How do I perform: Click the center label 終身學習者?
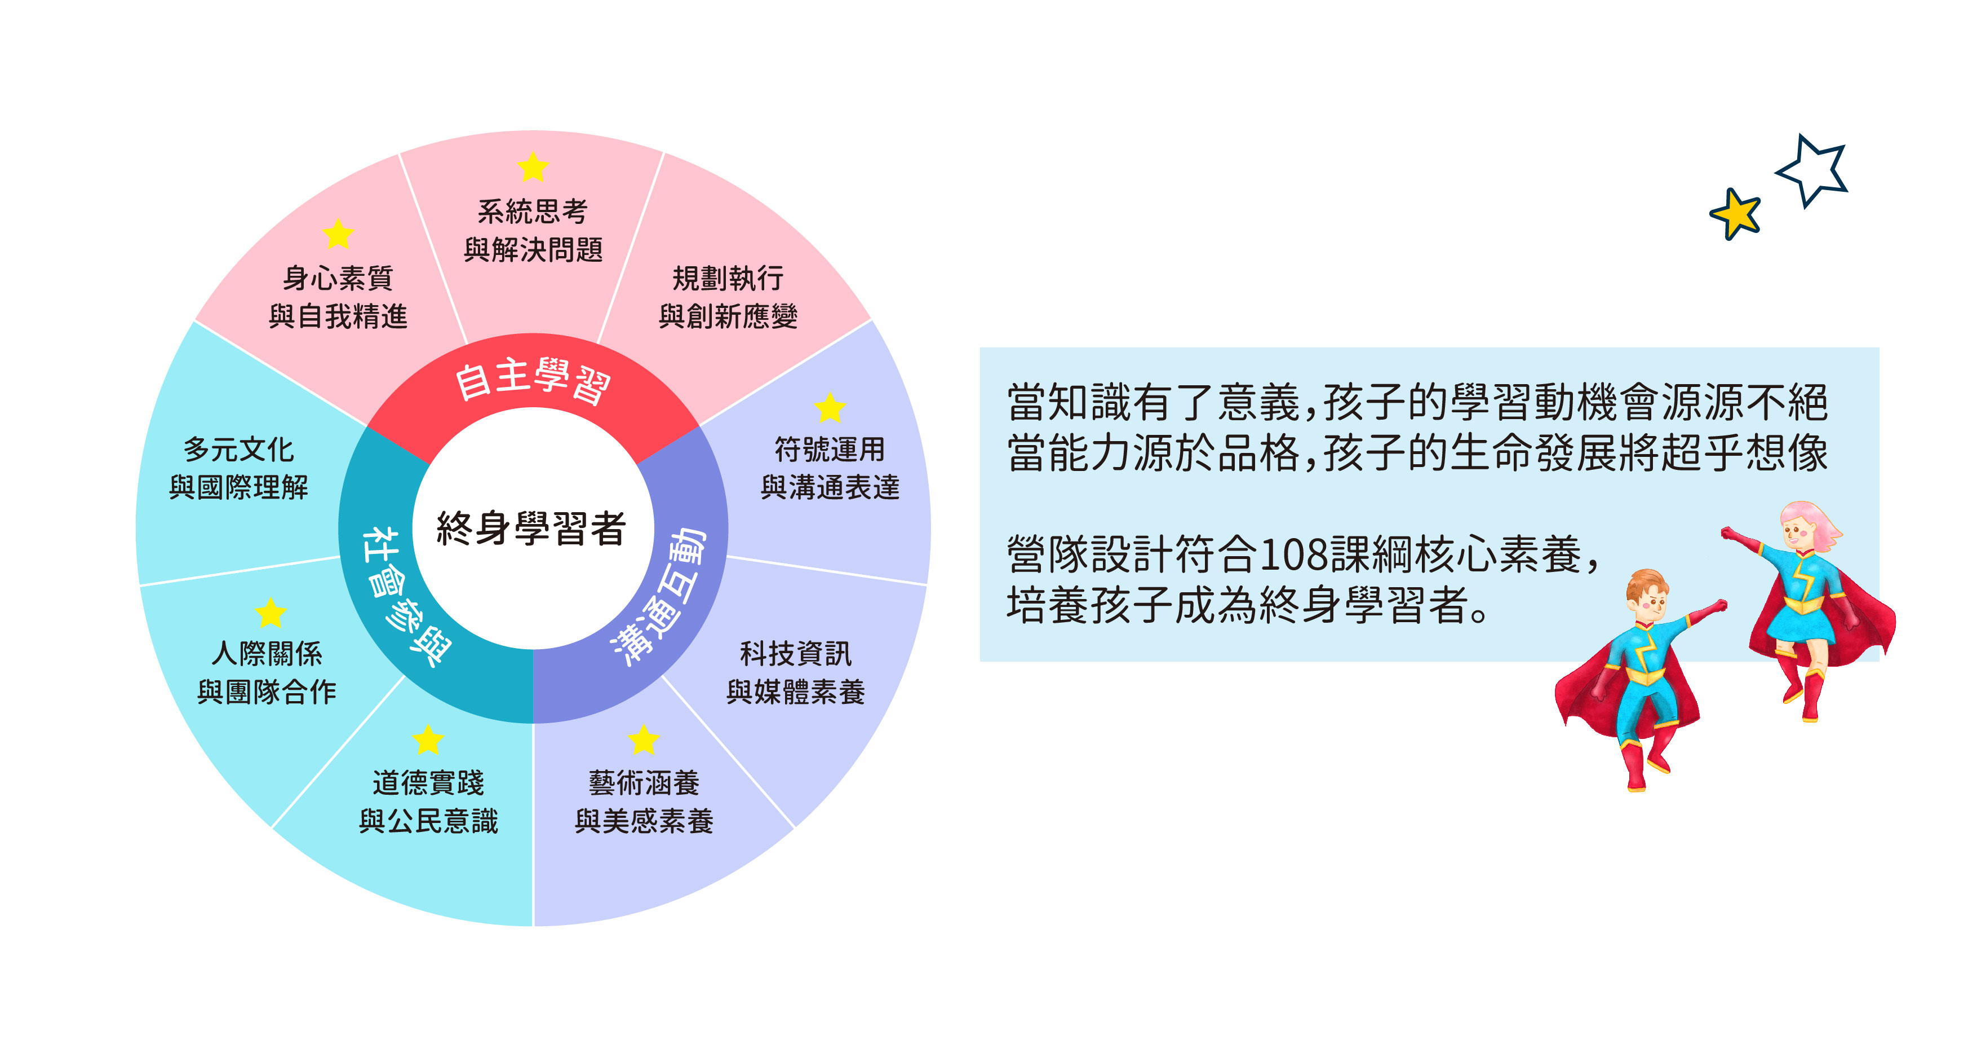531,529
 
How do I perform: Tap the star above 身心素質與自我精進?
338,234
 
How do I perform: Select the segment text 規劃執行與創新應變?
728,297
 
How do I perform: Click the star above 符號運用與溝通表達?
830,408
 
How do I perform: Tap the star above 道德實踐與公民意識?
428,740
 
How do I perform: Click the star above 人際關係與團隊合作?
270,613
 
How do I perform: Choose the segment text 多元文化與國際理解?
239,468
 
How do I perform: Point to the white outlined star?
1813,170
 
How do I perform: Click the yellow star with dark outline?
1735,213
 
